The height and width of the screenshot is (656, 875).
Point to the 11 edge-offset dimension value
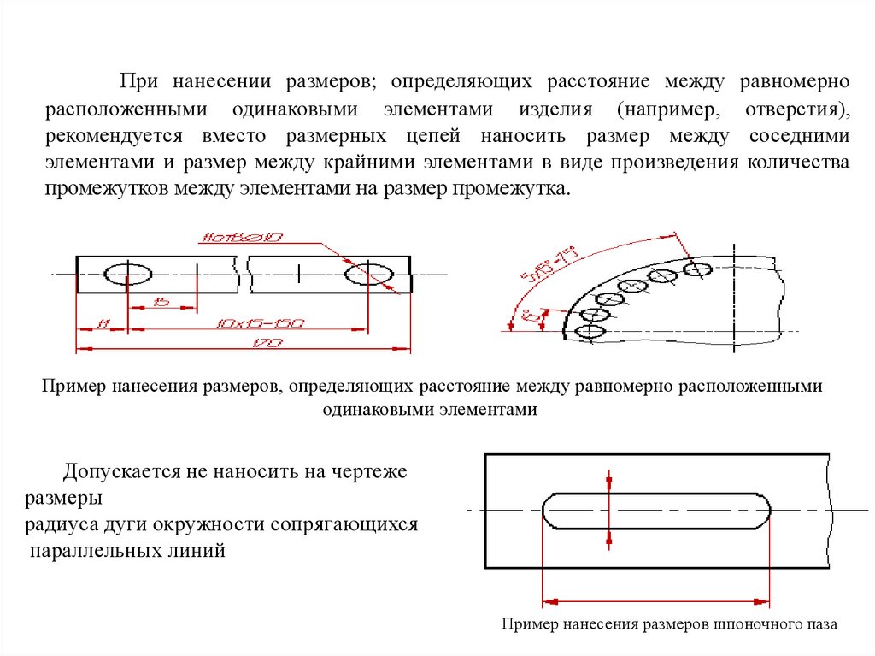(103, 323)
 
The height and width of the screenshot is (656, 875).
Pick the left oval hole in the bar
(128, 275)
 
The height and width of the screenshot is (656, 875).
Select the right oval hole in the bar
(368, 275)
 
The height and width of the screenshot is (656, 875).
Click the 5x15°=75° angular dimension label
(549, 266)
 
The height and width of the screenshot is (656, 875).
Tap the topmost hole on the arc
(698, 269)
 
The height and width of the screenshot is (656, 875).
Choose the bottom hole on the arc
(591, 331)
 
